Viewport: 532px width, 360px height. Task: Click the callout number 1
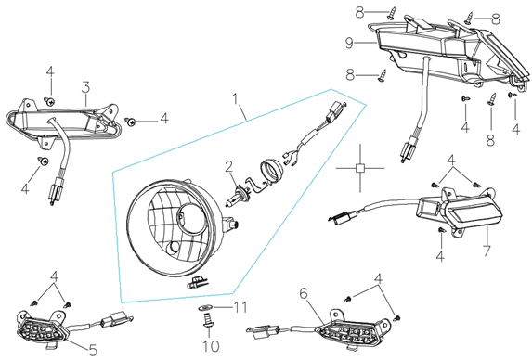235,99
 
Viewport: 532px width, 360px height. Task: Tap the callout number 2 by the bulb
229,167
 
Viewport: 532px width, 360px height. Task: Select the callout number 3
85,87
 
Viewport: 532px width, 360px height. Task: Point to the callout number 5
93,350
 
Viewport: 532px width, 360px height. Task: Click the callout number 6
304,293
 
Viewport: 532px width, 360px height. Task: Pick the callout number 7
487,251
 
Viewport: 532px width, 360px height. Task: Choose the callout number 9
349,43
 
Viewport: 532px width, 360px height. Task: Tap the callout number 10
211,346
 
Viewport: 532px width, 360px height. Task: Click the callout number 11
240,307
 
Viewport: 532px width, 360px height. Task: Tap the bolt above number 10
207,320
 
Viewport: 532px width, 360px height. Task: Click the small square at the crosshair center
360,168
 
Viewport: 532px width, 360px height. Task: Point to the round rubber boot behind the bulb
270,172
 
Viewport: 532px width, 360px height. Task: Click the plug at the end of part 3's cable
52,196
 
